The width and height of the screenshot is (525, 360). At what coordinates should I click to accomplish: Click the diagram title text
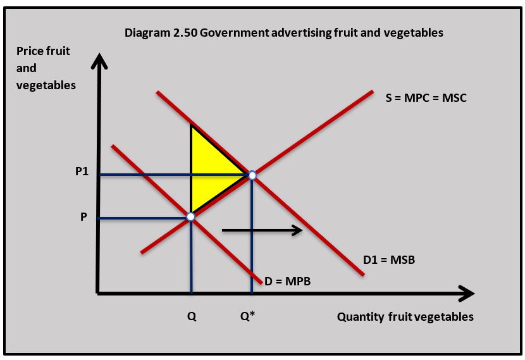click(283, 32)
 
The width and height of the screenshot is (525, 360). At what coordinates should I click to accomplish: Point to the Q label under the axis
click(191, 317)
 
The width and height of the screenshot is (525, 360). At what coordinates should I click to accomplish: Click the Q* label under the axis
click(247, 316)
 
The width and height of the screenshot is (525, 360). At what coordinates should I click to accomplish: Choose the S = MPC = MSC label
click(426, 98)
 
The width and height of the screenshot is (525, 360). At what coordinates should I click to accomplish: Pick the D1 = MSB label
click(389, 259)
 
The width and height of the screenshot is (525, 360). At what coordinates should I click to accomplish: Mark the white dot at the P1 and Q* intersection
click(252, 175)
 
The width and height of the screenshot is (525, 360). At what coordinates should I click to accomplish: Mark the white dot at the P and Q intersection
click(190, 217)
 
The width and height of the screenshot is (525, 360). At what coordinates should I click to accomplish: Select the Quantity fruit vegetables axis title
click(405, 316)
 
